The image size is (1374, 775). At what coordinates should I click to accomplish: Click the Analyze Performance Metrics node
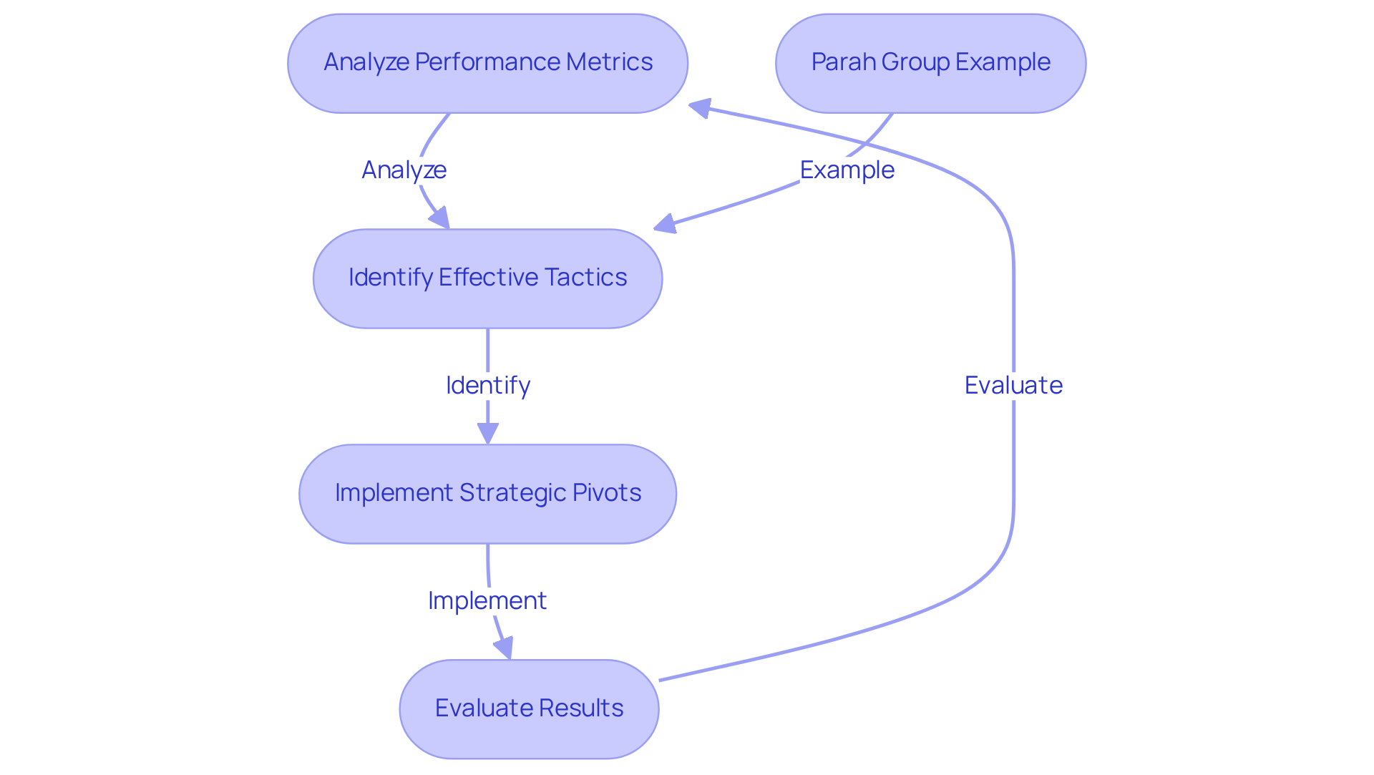487,63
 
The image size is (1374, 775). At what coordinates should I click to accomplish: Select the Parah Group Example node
930,63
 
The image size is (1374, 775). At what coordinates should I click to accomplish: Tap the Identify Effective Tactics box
487,278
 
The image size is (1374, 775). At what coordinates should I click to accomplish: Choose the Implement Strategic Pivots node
487,494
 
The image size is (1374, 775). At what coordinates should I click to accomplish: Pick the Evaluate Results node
529,708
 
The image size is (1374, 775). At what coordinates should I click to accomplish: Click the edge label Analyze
404,170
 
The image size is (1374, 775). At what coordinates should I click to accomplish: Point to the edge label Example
847,170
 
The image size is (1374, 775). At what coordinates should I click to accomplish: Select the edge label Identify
487,386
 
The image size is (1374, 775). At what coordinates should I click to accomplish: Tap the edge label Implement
487,601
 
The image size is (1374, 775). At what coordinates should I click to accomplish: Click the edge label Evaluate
1013,386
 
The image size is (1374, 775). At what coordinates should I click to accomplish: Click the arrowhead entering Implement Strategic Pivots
487,433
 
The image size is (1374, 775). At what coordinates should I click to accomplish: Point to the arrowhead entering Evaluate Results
505,648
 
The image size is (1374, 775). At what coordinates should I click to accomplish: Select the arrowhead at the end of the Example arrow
666,224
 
